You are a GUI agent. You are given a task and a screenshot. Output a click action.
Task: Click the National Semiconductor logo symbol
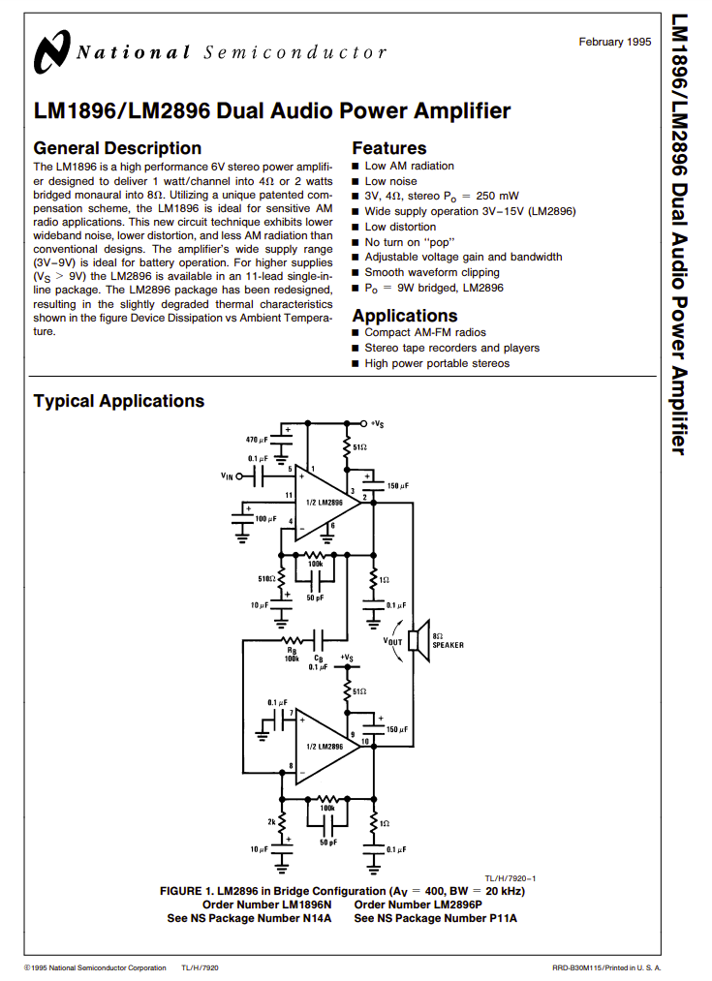pyautogui.click(x=51, y=51)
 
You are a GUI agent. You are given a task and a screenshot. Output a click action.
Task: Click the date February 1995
pyautogui.click(x=614, y=42)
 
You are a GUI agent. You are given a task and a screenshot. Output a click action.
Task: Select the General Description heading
pyautogui.click(x=117, y=148)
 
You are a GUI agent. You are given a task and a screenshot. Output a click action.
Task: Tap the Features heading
pyautogui.click(x=389, y=148)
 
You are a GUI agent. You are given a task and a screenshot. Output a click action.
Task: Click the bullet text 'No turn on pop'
pyautogui.click(x=410, y=242)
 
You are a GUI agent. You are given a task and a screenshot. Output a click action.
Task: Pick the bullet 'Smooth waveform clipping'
pyautogui.click(x=432, y=272)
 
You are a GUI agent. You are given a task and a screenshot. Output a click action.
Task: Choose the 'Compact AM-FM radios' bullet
pyautogui.click(x=425, y=332)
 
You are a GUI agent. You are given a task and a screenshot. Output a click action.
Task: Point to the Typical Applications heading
pyautogui.click(x=119, y=401)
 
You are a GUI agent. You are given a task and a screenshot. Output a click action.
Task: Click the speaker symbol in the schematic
pyautogui.click(x=418, y=641)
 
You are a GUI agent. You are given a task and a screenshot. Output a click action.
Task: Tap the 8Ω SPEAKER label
pyautogui.click(x=448, y=641)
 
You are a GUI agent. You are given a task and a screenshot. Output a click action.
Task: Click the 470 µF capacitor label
pyautogui.click(x=257, y=440)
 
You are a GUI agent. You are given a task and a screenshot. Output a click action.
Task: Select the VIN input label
pyautogui.click(x=227, y=476)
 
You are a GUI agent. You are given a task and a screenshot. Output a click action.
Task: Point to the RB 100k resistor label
pyautogui.click(x=292, y=655)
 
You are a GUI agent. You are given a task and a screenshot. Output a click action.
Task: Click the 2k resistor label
pyautogui.click(x=271, y=821)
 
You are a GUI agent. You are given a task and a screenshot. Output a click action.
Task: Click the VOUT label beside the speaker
pyautogui.click(x=392, y=641)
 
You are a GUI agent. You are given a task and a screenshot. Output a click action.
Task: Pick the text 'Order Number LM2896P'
pyautogui.click(x=418, y=904)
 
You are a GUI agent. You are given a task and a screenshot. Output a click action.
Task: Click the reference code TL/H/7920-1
pyautogui.click(x=510, y=878)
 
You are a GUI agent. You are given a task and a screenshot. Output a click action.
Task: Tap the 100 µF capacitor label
pyautogui.click(x=265, y=519)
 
